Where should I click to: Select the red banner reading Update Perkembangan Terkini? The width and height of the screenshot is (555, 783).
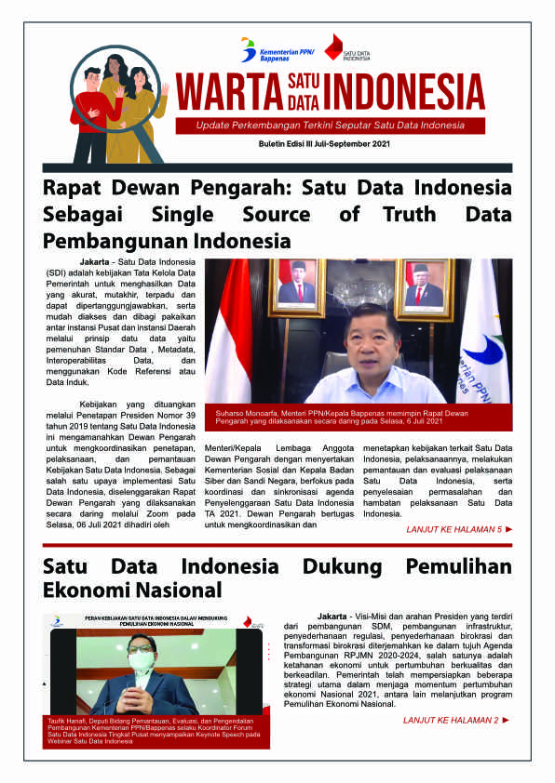click(x=332, y=126)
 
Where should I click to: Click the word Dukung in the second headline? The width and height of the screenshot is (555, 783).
click(x=338, y=566)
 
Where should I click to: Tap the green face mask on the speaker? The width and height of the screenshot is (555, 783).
click(x=142, y=659)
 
